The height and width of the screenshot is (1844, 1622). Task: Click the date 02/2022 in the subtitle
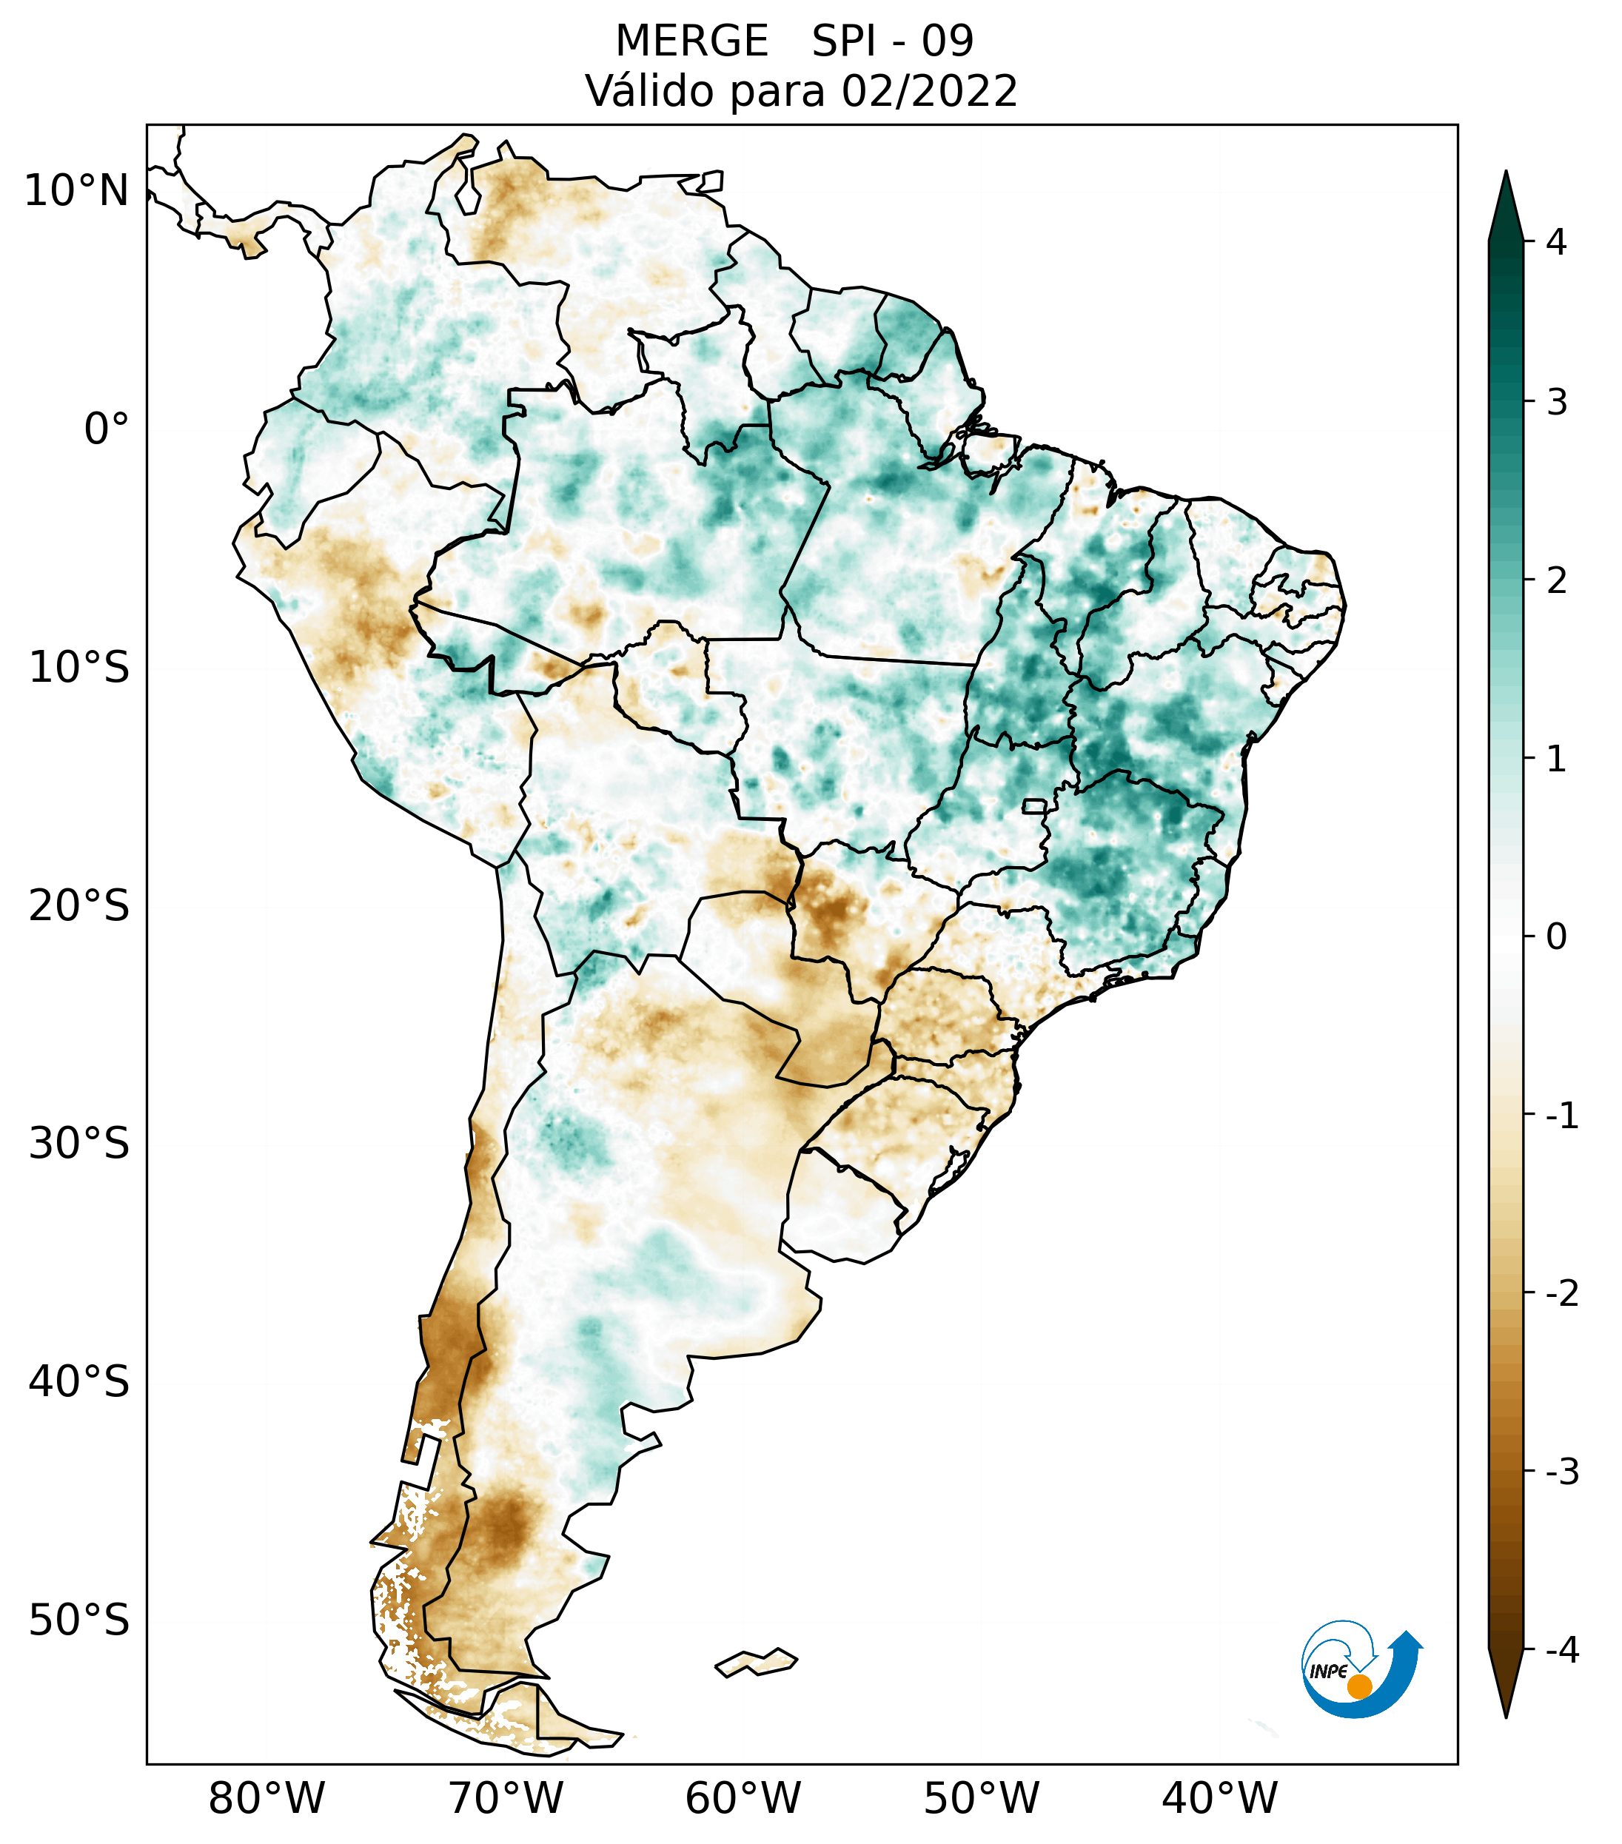pos(929,92)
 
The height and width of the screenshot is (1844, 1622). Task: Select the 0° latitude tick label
pos(107,429)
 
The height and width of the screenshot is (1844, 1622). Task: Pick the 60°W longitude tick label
pos(743,1799)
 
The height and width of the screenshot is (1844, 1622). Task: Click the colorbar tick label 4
pos(1556,242)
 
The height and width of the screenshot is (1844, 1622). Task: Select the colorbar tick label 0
pos(1556,937)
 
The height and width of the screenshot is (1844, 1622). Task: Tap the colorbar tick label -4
pos(1561,1651)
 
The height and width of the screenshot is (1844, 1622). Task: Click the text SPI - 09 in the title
pos(892,41)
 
